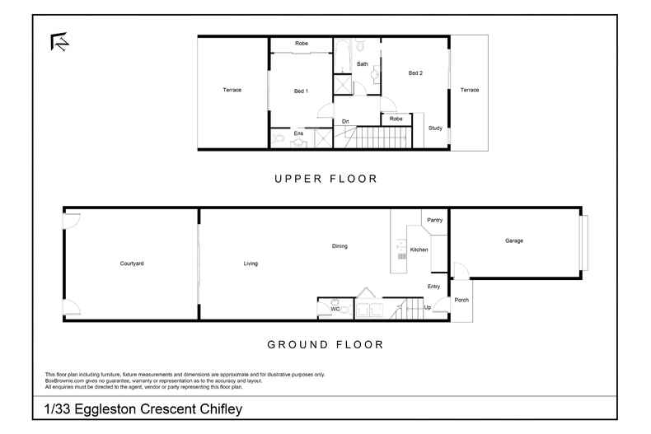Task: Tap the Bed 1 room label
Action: coord(301,91)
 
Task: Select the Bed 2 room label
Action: coord(415,73)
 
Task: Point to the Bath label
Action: coord(362,63)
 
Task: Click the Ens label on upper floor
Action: coord(286,133)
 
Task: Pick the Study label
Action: coord(435,128)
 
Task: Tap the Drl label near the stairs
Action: coord(346,122)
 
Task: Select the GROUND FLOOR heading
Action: coord(325,344)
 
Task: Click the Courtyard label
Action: coord(132,264)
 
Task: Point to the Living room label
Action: coord(251,264)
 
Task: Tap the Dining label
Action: coord(340,245)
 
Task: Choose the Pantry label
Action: coord(435,220)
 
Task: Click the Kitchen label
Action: coord(419,249)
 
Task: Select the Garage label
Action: coord(514,240)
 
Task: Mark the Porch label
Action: coord(461,300)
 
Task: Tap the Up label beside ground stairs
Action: coord(427,307)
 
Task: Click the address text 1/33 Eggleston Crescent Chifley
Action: coord(143,408)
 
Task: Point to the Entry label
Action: coord(433,287)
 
